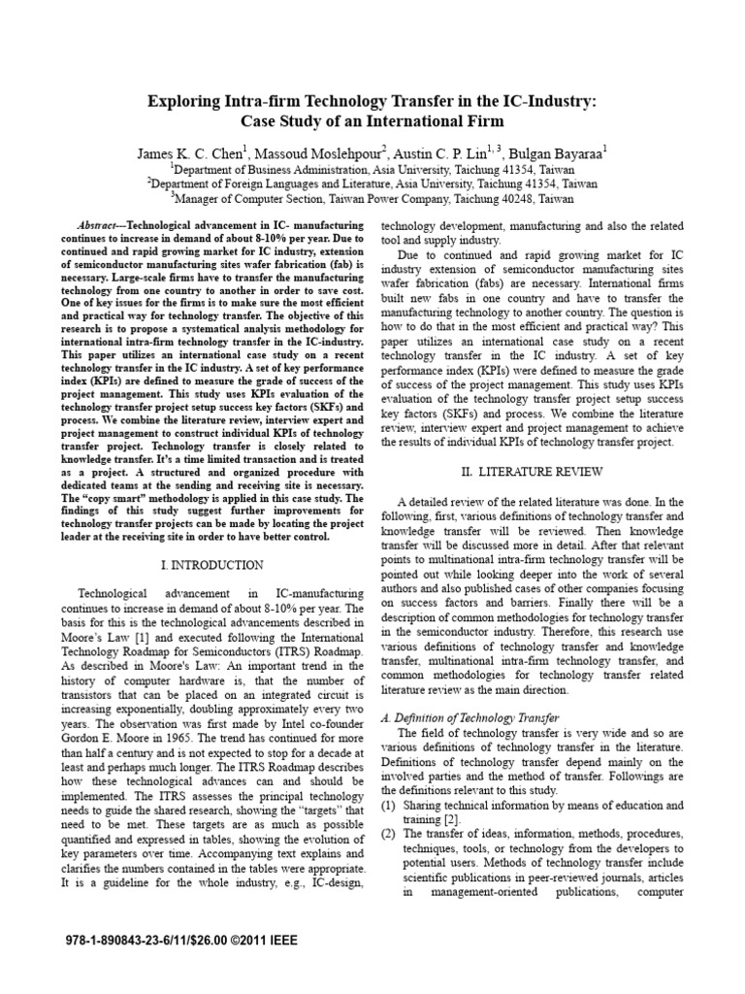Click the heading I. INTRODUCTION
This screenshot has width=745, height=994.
[211, 564]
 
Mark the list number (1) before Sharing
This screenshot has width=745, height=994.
[388, 806]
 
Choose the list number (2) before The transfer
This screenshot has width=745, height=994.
[388, 834]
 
